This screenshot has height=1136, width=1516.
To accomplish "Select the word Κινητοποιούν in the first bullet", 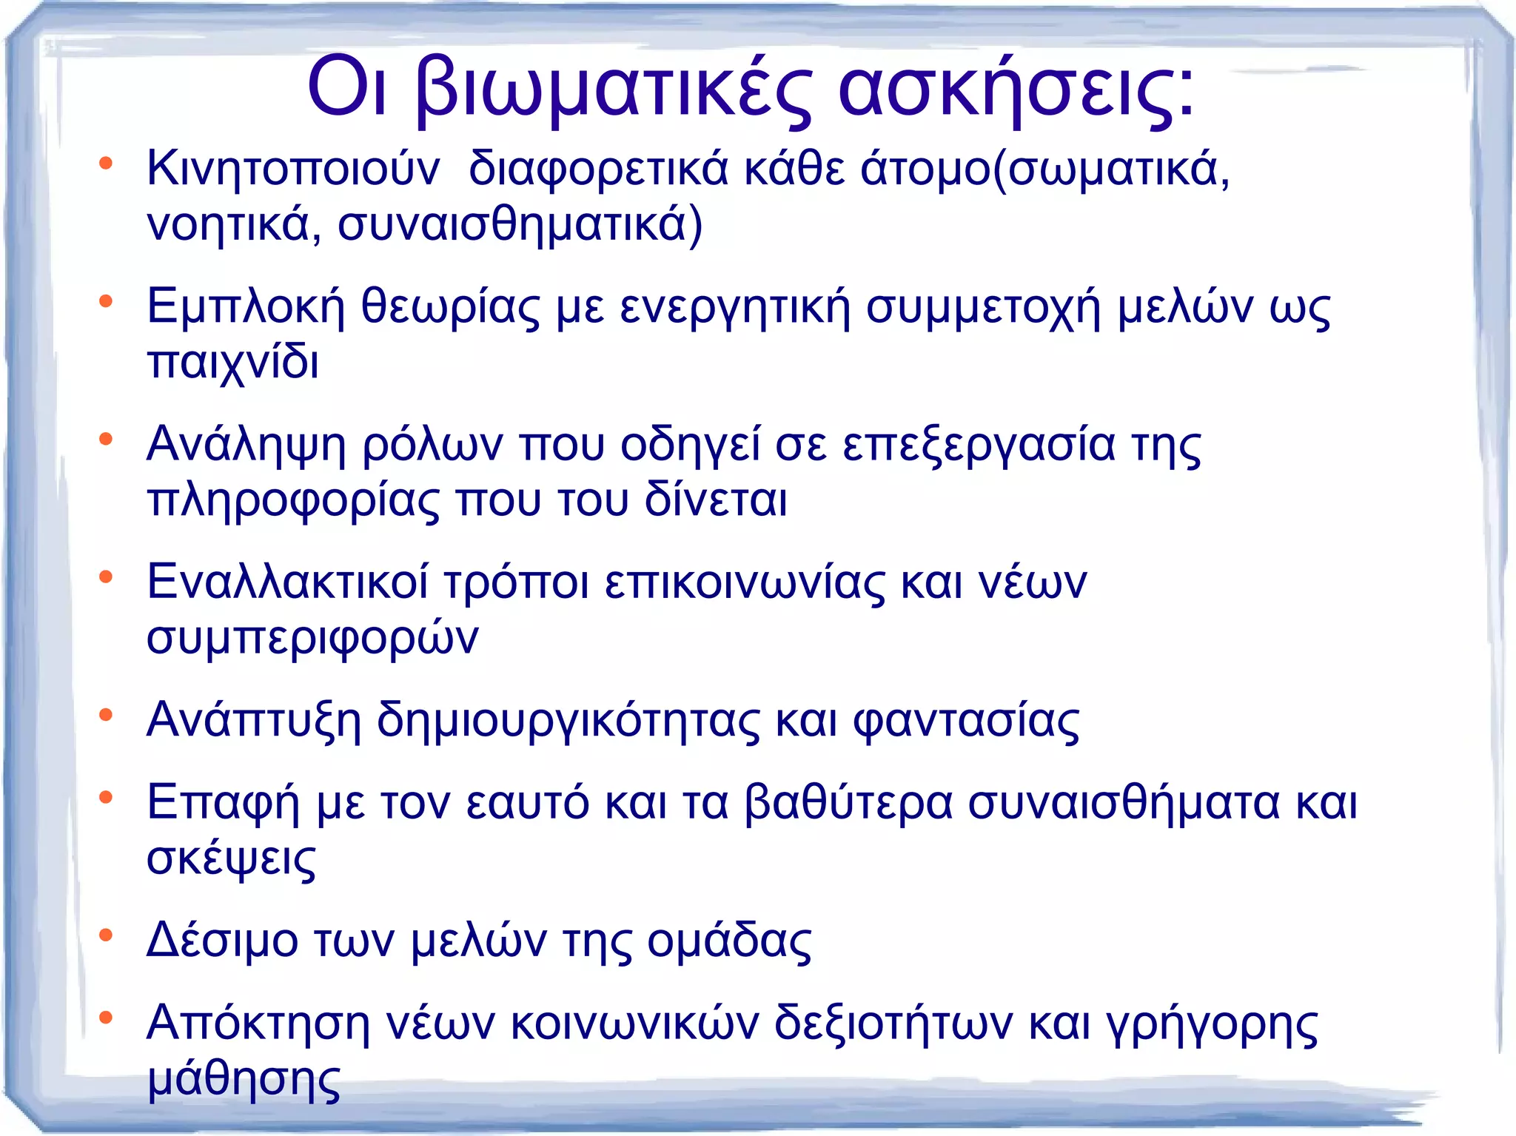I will tap(293, 169).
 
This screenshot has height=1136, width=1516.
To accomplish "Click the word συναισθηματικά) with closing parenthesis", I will tap(520, 224).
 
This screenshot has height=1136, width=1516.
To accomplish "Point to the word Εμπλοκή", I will tap(246, 307).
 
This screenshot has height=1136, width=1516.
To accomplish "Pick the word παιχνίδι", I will tap(233, 363).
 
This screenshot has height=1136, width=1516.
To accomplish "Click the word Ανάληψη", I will tap(246, 445).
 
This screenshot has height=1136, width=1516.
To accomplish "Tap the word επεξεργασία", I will tap(979, 445).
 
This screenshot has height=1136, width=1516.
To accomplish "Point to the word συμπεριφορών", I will tap(312, 637).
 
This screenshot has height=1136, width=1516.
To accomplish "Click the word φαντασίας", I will tap(966, 719).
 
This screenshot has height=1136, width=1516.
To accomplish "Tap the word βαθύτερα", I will tap(848, 802).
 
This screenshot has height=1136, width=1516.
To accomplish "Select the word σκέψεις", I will tap(231, 858).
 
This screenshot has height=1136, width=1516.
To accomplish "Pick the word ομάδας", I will tap(729, 941).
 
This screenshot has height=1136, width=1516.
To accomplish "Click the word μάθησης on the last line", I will tap(244, 1079).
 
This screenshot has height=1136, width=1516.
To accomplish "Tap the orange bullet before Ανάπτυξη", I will tap(106, 715).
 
